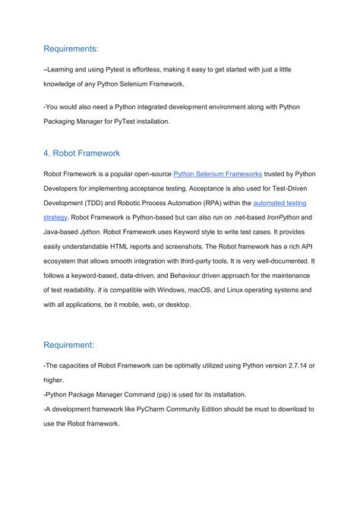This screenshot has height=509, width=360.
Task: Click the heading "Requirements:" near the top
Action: pos(71,49)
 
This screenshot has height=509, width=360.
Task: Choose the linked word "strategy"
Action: pos(57,217)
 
